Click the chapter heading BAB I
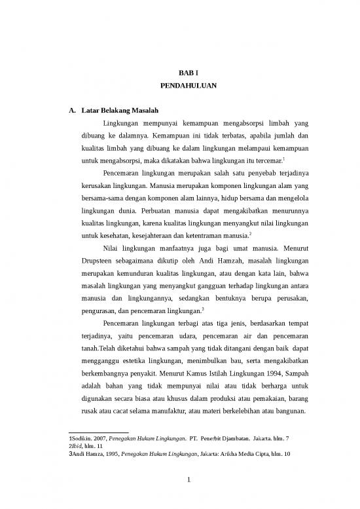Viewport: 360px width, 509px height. tap(179, 73)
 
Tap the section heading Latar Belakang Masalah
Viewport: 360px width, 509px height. tap(119, 109)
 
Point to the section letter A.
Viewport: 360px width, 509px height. tap(71, 109)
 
